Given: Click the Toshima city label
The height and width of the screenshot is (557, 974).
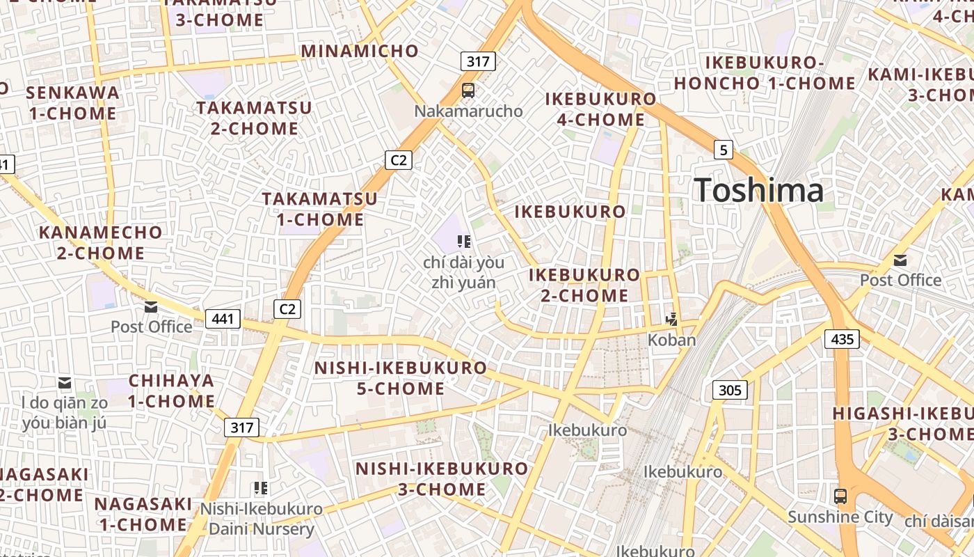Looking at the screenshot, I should (x=759, y=190).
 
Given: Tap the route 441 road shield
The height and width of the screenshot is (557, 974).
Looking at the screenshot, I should (x=223, y=319).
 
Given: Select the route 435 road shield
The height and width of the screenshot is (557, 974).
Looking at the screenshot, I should (x=842, y=339).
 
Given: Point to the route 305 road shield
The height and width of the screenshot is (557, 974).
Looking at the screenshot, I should (x=730, y=390).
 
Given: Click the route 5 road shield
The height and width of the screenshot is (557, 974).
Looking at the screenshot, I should (x=724, y=149).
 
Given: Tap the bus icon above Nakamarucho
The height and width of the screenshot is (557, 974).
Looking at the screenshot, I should (x=468, y=90).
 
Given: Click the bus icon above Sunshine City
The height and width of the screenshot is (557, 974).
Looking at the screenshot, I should (x=840, y=496).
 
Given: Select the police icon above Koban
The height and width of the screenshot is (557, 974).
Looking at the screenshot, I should (x=672, y=320).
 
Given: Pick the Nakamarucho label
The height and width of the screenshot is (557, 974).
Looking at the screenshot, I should (x=468, y=111).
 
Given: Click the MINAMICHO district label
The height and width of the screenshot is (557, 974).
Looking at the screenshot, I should (x=360, y=51).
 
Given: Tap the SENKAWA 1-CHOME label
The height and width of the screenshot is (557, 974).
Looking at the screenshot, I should (x=72, y=102).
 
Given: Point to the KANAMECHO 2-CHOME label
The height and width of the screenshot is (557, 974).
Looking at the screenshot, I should (x=101, y=242).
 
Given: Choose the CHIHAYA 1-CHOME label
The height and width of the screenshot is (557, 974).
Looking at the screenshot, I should (x=171, y=391).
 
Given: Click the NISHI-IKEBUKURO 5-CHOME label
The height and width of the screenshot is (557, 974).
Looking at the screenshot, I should (x=401, y=378).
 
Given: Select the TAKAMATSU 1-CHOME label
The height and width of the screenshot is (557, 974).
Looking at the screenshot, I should (x=320, y=209).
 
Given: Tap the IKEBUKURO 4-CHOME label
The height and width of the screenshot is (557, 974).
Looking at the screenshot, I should (x=600, y=109).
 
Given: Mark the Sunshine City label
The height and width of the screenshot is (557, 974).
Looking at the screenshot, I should (x=840, y=517).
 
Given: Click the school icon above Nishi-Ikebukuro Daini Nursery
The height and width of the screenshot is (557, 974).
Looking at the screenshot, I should (x=261, y=488).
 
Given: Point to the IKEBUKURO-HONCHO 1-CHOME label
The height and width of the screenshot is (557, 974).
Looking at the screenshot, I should (x=765, y=73).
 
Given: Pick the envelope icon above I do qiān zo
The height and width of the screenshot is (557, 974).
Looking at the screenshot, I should (x=65, y=383).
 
